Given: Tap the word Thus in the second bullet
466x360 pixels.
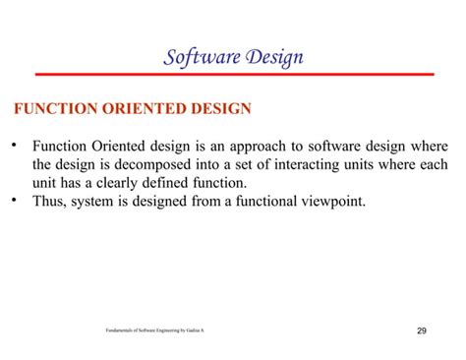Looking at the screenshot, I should (49, 202).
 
